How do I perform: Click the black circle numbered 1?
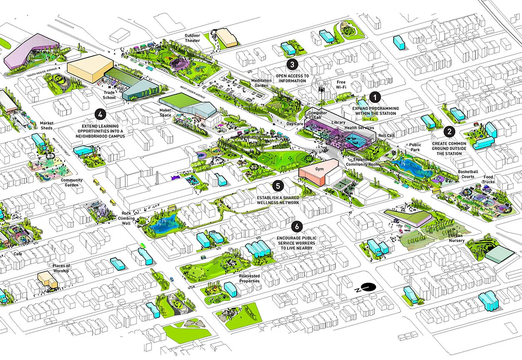375,97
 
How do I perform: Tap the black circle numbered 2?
449,132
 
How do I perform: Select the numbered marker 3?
292,64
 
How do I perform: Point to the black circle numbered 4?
100,113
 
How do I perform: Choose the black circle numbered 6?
297,226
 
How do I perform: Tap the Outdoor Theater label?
193,38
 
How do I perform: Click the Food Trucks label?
488,180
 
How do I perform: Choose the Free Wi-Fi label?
341,85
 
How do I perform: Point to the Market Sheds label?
46,125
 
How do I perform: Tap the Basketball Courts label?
468,174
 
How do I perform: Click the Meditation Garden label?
261,83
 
